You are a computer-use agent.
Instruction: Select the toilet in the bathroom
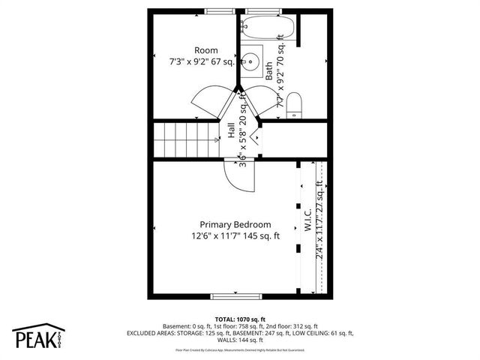pyautogui.click(x=294, y=104)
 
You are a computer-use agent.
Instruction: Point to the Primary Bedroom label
pyautogui.click(x=235, y=224)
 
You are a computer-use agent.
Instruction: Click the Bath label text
pyautogui.click(x=269, y=71)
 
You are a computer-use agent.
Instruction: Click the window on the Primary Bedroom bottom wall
pyautogui.click(x=234, y=295)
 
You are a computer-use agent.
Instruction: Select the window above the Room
pyautogui.click(x=218, y=10)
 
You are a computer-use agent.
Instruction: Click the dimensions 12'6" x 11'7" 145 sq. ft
pyautogui.click(x=235, y=236)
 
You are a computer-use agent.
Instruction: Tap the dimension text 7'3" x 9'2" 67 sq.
pyautogui.click(x=202, y=63)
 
